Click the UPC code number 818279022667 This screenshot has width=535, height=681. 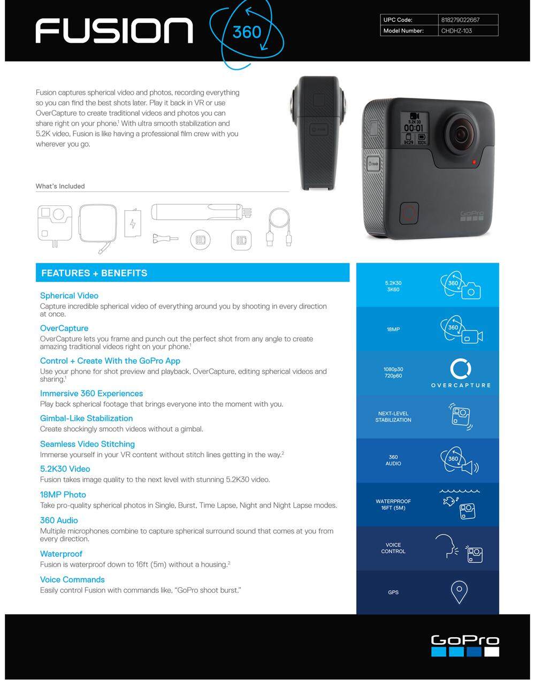(460, 20)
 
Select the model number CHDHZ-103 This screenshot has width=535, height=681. (456, 31)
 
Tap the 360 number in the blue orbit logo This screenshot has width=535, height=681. (247, 32)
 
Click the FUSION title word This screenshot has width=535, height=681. (114, 31)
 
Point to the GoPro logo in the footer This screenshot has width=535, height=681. (465, 645)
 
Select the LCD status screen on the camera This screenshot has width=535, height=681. (414, 128)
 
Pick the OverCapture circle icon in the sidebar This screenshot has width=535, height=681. (461, 369)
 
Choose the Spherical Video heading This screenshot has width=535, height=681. (69, 296)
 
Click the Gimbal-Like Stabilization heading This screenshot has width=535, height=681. (86, 418)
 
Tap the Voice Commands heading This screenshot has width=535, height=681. (72, 579)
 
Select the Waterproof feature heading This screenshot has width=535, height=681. (61, 554)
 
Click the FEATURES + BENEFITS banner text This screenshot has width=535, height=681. (94, 273)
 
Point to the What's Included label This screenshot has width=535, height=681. (60, 186)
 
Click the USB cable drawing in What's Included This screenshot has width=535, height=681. (279, 227)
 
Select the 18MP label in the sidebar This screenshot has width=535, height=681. (393, 330)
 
